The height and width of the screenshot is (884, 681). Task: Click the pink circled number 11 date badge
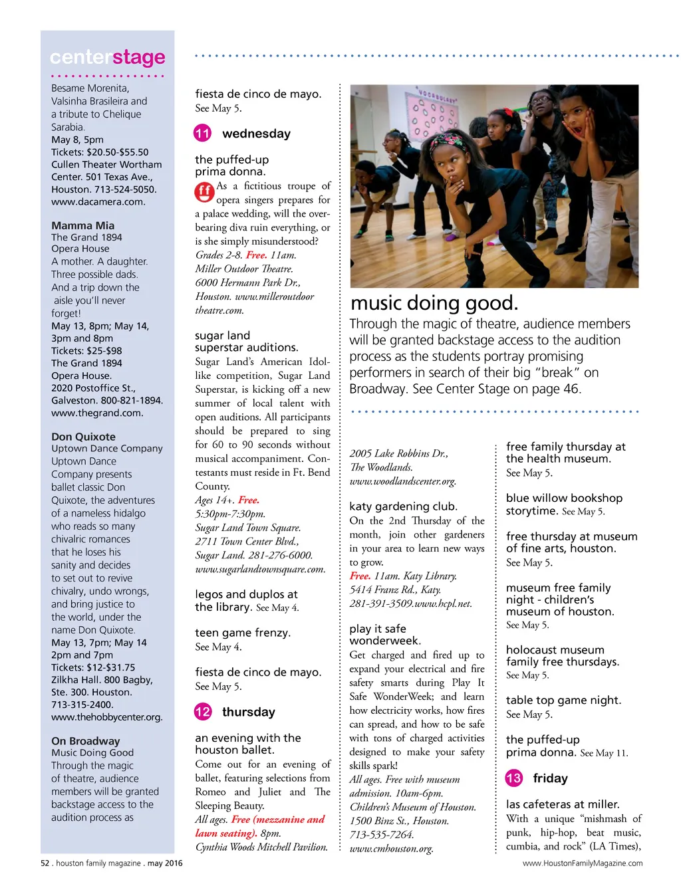[x=202, y=134]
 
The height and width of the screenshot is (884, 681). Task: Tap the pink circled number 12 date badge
[x=202, y=712]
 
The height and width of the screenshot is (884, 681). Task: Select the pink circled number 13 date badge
[x=513, y=778]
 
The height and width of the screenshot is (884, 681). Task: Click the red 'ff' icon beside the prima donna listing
[x=204, y=192]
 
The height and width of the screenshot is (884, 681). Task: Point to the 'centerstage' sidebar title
[x=108, y=58]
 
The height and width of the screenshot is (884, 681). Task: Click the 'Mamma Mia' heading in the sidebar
[x=83, y=225]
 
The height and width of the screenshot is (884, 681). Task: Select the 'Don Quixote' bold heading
[x=84, y=437]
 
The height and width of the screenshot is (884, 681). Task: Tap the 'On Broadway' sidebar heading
[x=86, y=741]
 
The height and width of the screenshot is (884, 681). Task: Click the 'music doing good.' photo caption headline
[x=434, y=303]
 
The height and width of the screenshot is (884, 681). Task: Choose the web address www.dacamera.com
[x=98, y=202]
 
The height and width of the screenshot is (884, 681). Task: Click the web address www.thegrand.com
[x=97, y=413]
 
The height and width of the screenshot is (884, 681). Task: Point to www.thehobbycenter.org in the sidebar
[x=107, y=717]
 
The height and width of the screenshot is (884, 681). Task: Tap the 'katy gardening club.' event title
[x=404, y=506]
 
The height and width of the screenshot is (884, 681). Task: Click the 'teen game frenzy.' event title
[x=243, y=633]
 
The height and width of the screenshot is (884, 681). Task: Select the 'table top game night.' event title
[x=563, y=700]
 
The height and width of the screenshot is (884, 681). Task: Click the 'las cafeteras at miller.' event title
[x=563, y=804]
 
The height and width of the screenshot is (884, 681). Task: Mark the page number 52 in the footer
[x=45, y=863]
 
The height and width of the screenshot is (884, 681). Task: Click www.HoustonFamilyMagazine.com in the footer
[x=583, y=863]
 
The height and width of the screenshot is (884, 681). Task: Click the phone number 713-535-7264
[x=382, y=835]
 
